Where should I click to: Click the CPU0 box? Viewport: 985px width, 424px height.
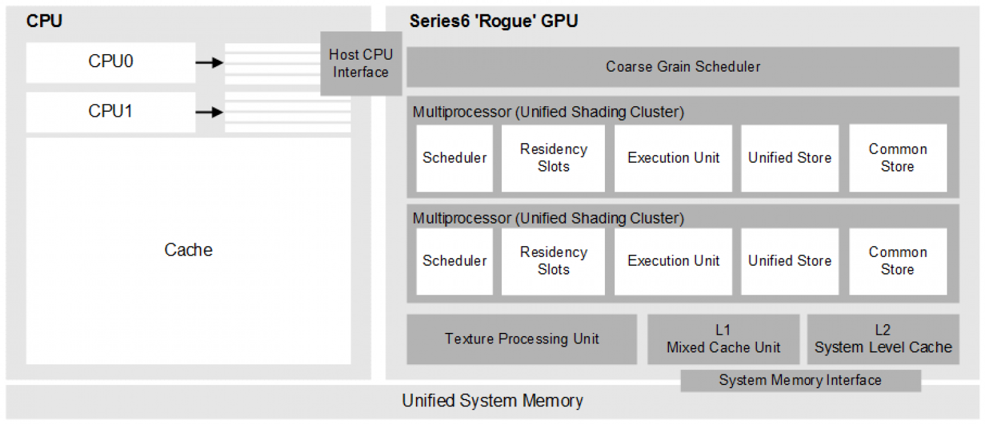(111, 62)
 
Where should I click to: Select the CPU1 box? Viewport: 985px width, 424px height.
(111, 112)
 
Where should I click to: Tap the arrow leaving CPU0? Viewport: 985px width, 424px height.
(210, 62)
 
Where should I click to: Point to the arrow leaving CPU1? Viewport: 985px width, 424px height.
(210, 112)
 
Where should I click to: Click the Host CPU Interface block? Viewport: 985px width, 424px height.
(361, 63)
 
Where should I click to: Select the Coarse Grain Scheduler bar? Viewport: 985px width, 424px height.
(683, 67)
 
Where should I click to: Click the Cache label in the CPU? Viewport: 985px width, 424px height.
(188, 250)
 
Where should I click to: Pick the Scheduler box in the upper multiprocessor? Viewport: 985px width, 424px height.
(454, 158)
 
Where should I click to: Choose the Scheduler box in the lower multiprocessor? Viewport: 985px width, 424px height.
(454, 261)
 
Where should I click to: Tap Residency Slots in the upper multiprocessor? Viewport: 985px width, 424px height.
(553, 158)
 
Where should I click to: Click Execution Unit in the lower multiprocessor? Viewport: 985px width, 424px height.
(673, 261)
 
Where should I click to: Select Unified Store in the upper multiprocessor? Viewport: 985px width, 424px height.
(790, 158)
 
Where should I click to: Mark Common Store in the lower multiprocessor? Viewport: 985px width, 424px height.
(898, 261)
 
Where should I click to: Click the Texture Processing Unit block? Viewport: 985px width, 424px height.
(521, 339)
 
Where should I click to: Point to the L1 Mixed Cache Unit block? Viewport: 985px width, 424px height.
(723, 339)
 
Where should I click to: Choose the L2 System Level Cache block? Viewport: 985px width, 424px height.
(883, 339)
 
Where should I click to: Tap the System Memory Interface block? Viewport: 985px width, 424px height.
(800, 380)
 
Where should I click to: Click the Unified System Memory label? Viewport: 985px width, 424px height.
(492, 401)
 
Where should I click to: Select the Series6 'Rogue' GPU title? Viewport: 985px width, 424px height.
(493, 21)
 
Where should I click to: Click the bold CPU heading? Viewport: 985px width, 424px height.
(44, 21)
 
